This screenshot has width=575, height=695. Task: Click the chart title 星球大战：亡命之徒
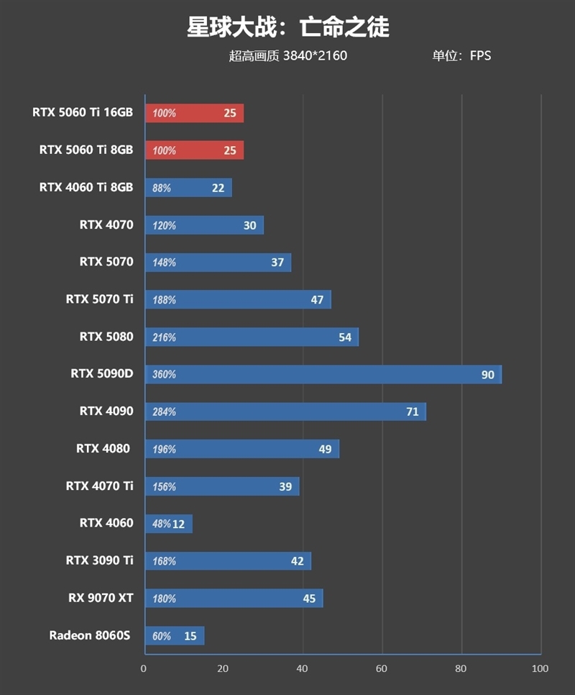[287, 27]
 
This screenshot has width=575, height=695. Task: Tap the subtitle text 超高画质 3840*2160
[287, 55]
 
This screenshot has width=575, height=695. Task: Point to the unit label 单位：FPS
[461, 55]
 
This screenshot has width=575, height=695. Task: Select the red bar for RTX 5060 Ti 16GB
[194, 113]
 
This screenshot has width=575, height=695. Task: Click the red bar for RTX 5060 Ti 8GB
[194, 150]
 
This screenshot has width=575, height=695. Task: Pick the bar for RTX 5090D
[323, 374]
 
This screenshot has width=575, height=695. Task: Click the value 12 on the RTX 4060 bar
[178, 524]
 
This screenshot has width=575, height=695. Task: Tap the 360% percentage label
[164, 375]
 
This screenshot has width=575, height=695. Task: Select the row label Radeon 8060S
[90, 635]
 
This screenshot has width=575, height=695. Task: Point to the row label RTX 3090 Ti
[99, 560]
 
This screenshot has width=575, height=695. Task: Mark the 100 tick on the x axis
[539, 669]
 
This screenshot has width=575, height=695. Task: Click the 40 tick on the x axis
[303, 669]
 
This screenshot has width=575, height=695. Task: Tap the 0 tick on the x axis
[144, 669]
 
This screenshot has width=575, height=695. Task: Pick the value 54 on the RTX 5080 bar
[345, 337]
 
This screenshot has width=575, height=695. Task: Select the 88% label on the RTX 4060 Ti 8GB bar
[162, 188]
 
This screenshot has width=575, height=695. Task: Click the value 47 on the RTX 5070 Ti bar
[317, 300]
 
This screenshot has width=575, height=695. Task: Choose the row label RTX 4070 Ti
[99, 486]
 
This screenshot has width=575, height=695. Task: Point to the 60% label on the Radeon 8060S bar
[162, 636]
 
